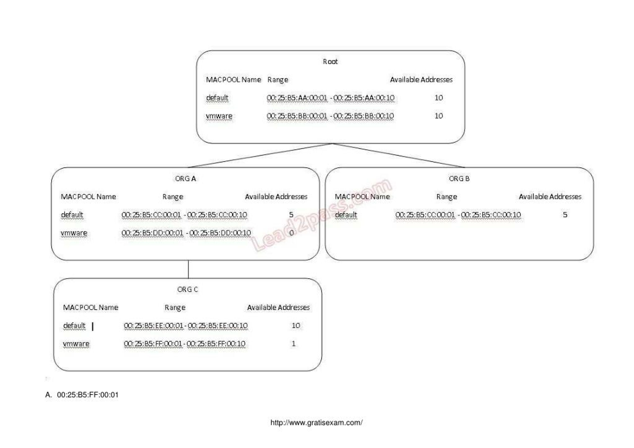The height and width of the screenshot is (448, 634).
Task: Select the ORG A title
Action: click(185, 179)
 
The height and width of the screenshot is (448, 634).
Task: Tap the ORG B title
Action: click(459, 179)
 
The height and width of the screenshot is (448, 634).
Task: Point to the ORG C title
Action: click(187, 289)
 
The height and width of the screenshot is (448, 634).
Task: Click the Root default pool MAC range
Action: click(330, 98)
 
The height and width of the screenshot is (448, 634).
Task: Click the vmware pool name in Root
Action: click(219, 116)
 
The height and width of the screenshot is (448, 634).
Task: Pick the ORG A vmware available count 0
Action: click(291, 233)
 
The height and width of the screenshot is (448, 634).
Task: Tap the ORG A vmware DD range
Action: click(186, 233)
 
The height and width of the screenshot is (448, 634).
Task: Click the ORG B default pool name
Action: click(346, 215)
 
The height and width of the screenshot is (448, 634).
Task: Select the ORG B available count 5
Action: click(565, 215)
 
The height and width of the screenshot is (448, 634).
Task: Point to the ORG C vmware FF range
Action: click(185, 344)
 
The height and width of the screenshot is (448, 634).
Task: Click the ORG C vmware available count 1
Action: click(293, 344)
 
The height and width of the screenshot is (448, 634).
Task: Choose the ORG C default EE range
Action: click(185, 326)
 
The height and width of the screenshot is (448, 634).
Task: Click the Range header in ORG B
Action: click(447, 197)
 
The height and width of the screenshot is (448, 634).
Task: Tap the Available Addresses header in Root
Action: click(421, 80)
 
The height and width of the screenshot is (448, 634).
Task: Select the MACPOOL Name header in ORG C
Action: click(91, 308)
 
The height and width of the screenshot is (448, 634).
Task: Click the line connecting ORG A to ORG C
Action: click(188, 269)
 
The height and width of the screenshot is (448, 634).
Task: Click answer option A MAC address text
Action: click(87, 395)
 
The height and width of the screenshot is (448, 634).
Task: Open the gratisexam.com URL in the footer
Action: click(316, 422)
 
